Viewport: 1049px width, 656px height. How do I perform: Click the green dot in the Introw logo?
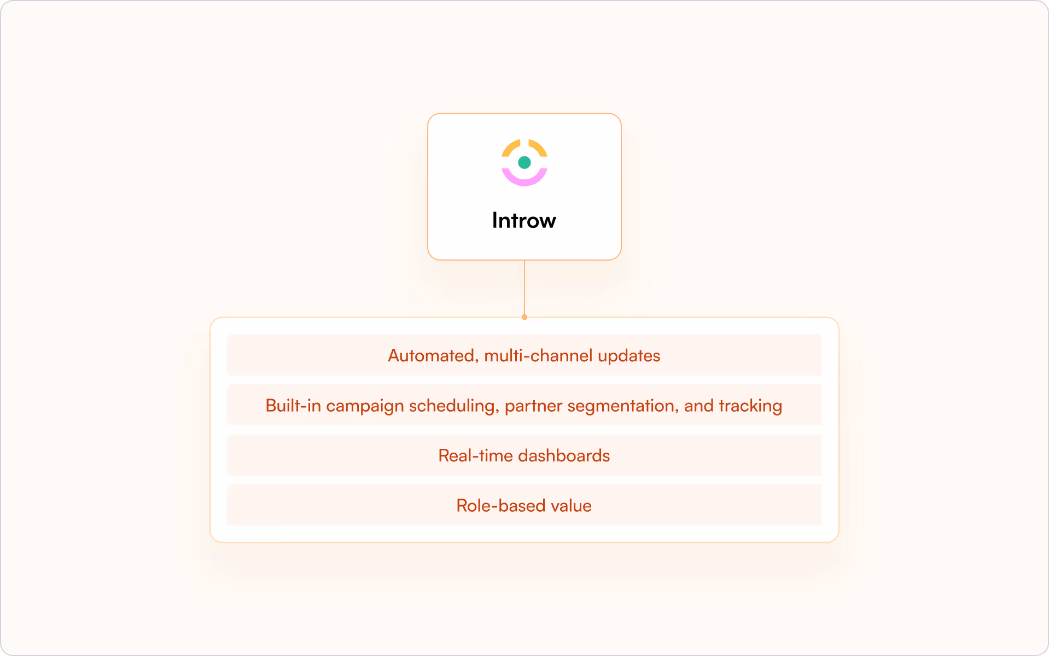[524, 162]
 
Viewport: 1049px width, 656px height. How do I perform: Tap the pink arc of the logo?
[524, 180]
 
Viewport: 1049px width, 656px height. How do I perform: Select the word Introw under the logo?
[523, 220]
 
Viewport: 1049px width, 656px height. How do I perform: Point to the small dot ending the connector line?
[524, 317]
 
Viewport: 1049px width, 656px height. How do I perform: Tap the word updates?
[628, 356]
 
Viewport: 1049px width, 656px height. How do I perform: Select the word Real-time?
[475, 456]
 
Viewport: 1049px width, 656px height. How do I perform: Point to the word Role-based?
[500, 506]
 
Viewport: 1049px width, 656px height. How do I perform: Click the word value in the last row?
[571, 506]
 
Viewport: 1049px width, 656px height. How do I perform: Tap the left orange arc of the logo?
[510, 148]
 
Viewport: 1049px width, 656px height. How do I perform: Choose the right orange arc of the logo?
[538, 148]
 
